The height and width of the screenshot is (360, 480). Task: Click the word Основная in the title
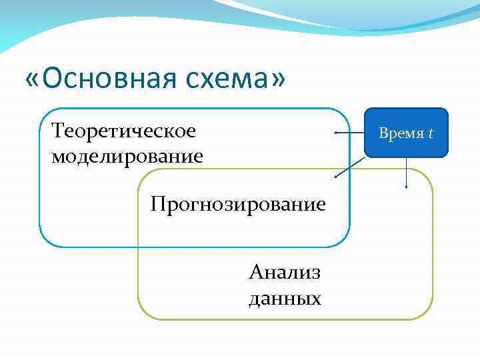point(111,80)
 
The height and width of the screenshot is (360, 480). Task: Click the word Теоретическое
point(123,131)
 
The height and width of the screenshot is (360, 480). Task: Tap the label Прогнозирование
point(238,203)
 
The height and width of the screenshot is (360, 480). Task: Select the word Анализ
point(285,272)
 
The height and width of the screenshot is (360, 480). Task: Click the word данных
point(285,298)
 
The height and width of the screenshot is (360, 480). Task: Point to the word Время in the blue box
point(401,133)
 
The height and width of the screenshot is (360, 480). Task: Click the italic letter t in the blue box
point(431,133)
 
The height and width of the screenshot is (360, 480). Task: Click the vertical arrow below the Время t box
point(406,173)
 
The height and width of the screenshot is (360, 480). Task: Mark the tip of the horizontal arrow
point(335,133)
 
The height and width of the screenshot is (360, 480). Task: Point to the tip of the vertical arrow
point(406,188)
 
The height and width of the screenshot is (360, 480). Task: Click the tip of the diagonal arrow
point(335,178)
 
